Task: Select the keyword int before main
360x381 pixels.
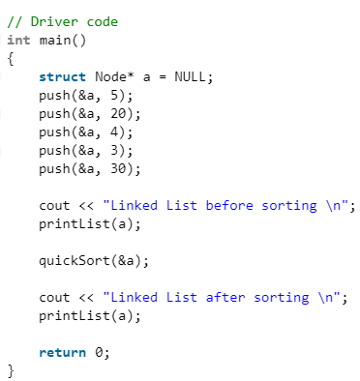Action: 18,40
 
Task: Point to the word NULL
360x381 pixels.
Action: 191,77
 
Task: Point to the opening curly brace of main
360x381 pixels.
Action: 11,59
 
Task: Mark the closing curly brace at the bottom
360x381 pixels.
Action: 11,371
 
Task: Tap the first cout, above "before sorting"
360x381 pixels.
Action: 54,206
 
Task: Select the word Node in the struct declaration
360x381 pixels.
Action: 114,77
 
